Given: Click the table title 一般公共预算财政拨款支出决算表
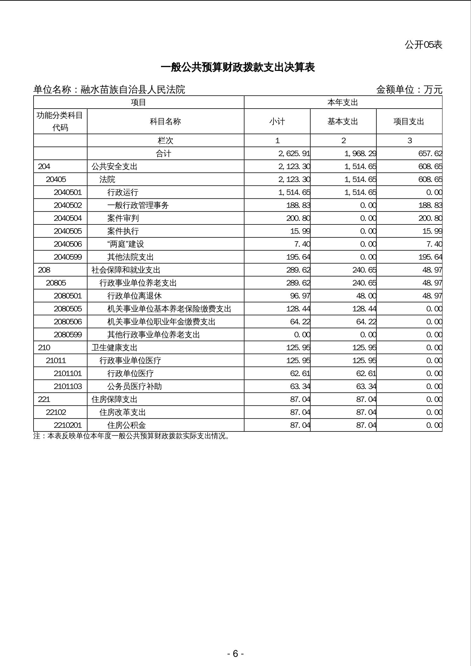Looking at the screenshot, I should [x=238, y=67].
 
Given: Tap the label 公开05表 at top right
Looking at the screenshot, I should [x=423, y=45].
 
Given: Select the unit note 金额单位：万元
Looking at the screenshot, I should [x=409, y=90].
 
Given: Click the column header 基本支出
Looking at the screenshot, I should [x=343, y=122].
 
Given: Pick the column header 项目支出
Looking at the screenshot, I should [x=409, y=122].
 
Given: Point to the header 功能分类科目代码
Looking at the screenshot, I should [x=60, y=121].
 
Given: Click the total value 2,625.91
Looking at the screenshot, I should [x=294, y=154].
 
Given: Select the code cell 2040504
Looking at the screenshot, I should [x=68, y=218].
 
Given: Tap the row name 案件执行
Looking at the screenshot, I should [x=123, y=231].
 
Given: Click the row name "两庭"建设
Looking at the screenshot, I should [x=126, y=244].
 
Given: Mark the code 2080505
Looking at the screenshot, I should [x=68, y=309].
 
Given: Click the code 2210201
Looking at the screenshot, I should [x=68, y=425].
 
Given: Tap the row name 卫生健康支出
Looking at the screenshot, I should [x=114, y=348].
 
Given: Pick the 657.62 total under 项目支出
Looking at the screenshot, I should [x=430, y=154].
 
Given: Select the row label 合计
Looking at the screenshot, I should [x=164, y=154].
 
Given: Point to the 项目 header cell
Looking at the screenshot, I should [x=138, y=103].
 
